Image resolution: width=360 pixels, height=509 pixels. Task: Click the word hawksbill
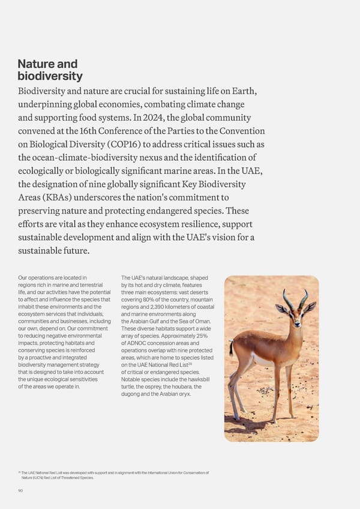point(196,379)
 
